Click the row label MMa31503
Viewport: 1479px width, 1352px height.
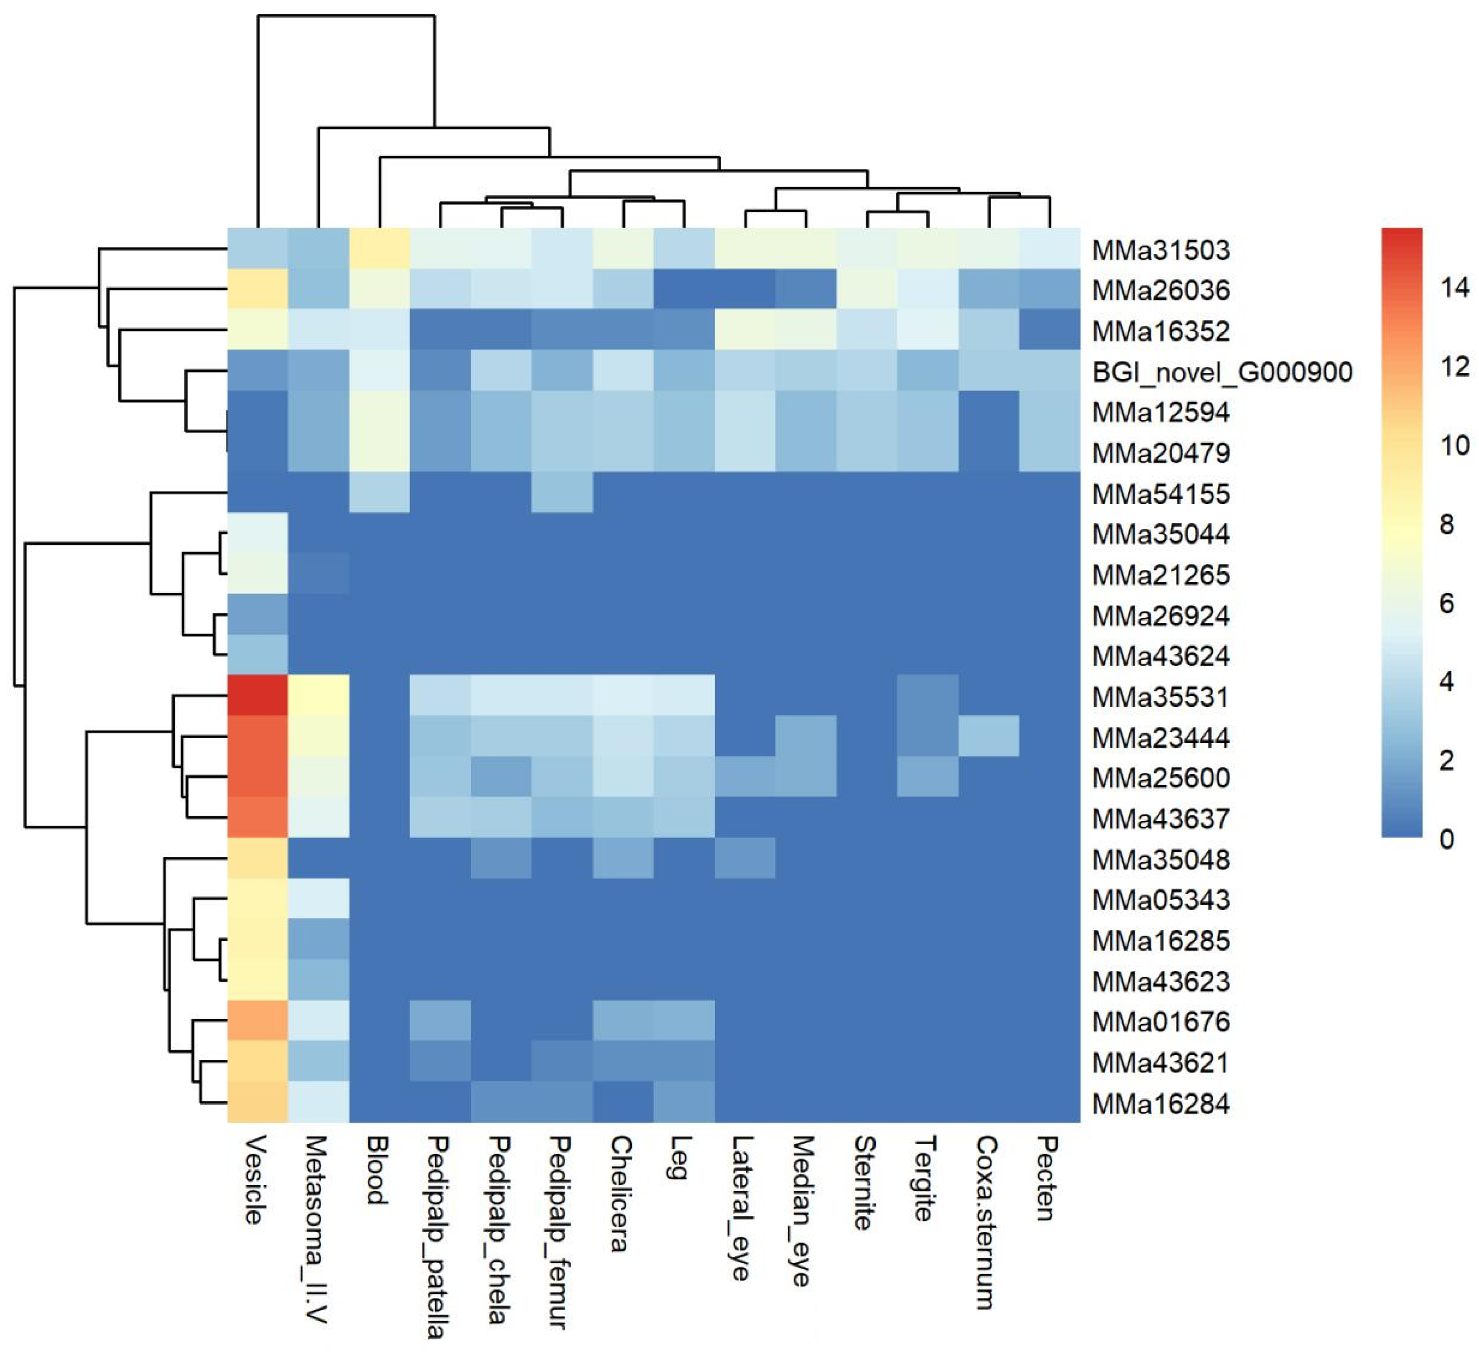(x=1160, y=250)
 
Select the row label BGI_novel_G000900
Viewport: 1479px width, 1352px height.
(x=1222, y=372)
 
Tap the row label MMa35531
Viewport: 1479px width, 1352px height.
(x=1160, y=696)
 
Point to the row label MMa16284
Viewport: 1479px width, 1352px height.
(x=1160, y=1102)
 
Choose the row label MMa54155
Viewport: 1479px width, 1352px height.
(x=1160, y=494)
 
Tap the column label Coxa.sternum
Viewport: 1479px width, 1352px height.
(x=986, y=1221)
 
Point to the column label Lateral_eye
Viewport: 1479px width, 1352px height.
(x=742, y=1207)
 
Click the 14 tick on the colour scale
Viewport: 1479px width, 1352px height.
(x=1454, y=287)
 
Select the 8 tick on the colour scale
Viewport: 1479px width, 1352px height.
(x=1447, y=524)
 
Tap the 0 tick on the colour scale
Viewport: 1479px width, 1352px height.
(x=1447, y=838)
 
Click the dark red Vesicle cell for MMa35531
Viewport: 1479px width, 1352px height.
(x=257, y=695)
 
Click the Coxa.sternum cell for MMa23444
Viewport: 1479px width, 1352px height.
(x=989, y=736)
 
